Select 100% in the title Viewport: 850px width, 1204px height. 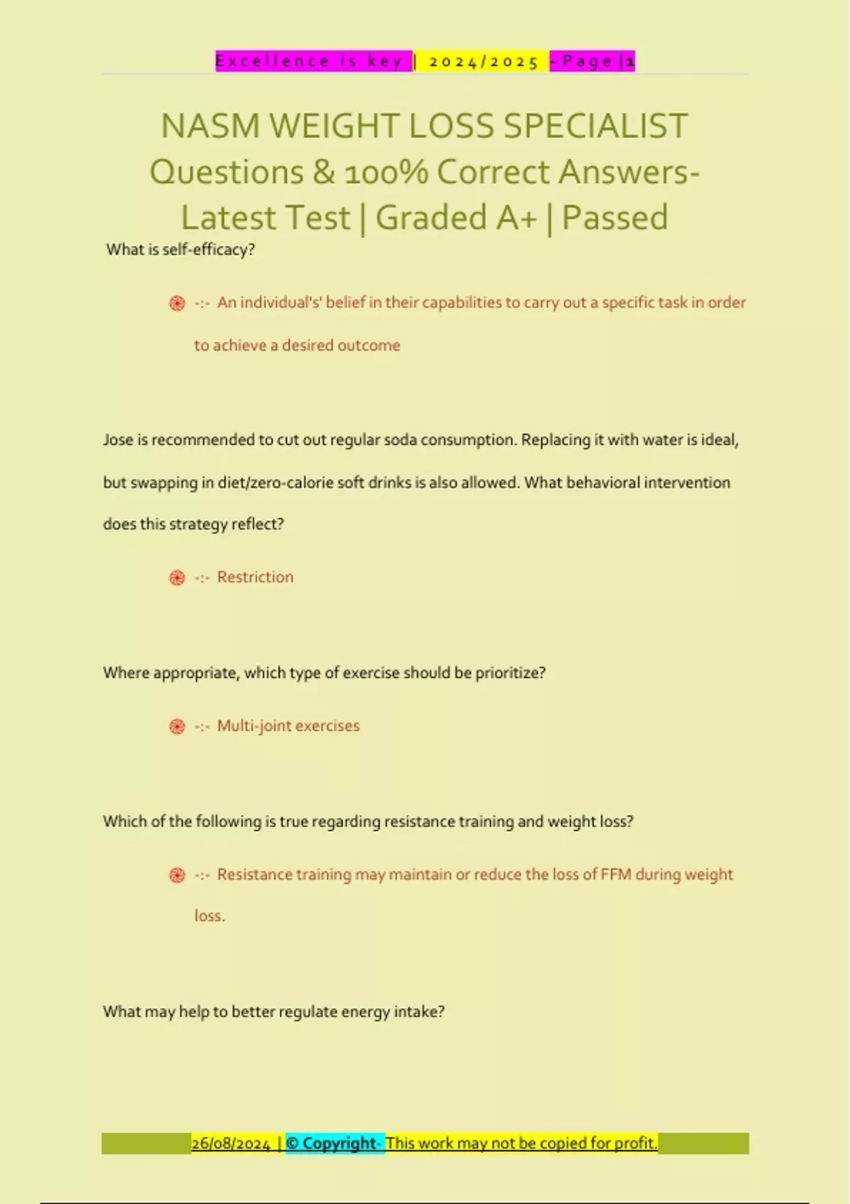pos(386,172)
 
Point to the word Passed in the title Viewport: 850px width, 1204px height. pos(615,217)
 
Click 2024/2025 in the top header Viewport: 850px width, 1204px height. pos(484,62)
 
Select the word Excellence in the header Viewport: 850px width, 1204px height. pos(273,62)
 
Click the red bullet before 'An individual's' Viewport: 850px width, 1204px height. pos(177,303)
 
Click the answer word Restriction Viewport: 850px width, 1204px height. pos(255,577)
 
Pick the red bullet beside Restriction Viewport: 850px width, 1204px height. pos(177,578)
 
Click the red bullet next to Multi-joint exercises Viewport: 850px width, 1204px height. pos(177,727)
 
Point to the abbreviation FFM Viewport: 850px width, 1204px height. pos(616,875)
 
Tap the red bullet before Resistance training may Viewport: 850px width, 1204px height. pos(177,875)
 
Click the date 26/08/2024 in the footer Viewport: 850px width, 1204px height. pos(231,1144)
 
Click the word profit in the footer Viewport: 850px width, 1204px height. pos(635,1143)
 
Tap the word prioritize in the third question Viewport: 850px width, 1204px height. pos(509,673)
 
